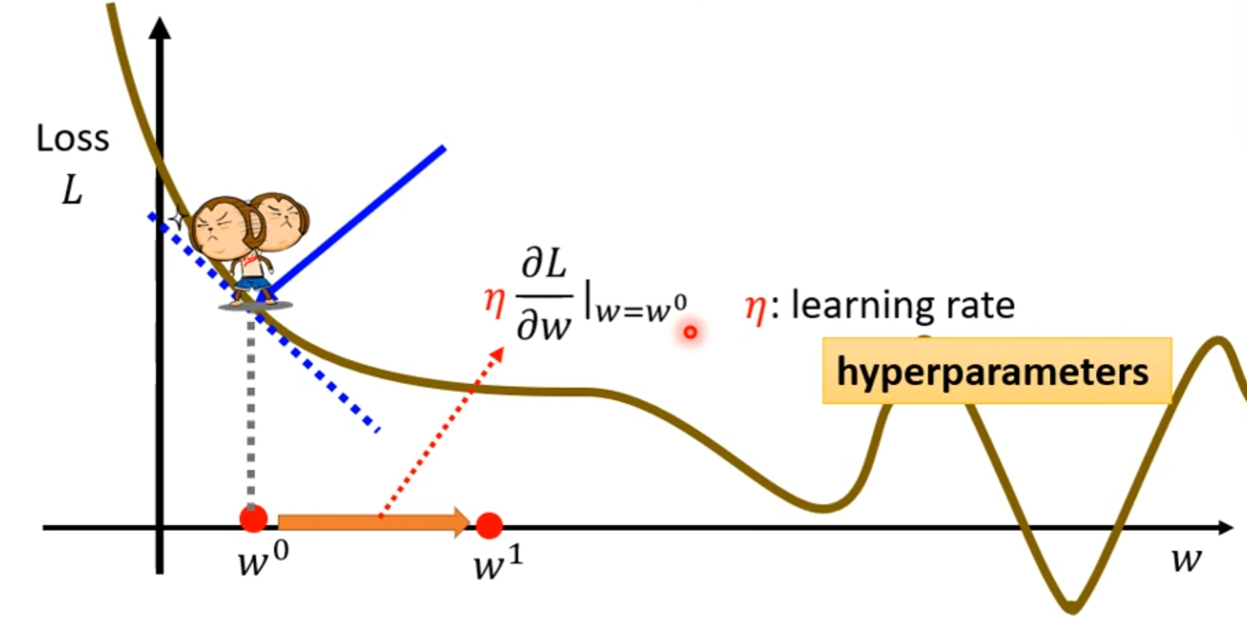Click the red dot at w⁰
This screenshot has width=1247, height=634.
click(253, 519)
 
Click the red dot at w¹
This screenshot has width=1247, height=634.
click(489, 525)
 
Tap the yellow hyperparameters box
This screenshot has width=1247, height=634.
click(996, 371)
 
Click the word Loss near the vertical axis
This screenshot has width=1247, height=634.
click(73, 139)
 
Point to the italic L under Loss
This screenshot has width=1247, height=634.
click(72, 190)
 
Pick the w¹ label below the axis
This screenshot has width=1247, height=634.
click(498, 564)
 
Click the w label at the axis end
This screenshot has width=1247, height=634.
click(1187, 560)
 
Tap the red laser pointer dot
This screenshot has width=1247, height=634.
click(690, 332)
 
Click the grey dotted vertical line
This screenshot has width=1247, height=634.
click(251, 412)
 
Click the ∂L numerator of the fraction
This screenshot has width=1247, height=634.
click(544, 264)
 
